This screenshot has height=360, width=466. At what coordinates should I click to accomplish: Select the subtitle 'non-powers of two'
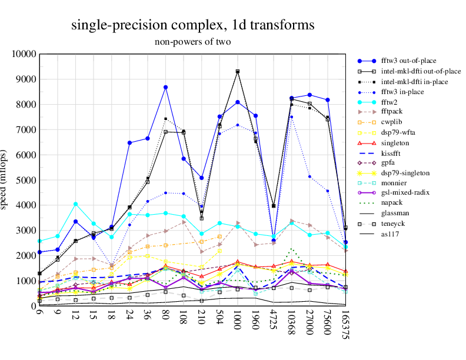(x=192, y=42)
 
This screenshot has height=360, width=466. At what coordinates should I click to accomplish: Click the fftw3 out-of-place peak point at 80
(x=166, y=87)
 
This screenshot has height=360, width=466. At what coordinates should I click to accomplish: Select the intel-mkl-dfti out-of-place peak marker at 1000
(x=238, y=71)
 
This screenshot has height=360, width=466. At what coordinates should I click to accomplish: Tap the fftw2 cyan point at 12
(x=76, y=204)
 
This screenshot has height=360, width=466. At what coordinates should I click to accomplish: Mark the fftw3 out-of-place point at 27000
(x=309, y=95)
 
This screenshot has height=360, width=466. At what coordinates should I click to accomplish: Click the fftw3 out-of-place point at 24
(x=130, y=143)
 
